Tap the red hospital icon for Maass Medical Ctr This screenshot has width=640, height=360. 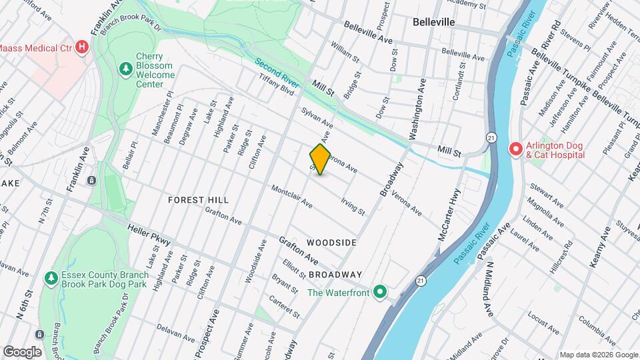82,47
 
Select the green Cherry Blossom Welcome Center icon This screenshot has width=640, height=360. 125,69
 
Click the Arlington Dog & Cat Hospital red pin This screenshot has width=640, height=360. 514,149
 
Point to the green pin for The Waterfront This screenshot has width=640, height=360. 380,291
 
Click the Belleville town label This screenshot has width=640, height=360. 433,22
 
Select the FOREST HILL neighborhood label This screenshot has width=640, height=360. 198,200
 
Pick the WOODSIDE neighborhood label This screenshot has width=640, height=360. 332,243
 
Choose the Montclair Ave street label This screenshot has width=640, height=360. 291,195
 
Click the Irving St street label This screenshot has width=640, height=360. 353,207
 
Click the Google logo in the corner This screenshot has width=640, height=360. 22,352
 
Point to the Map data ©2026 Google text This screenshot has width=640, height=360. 598,354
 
